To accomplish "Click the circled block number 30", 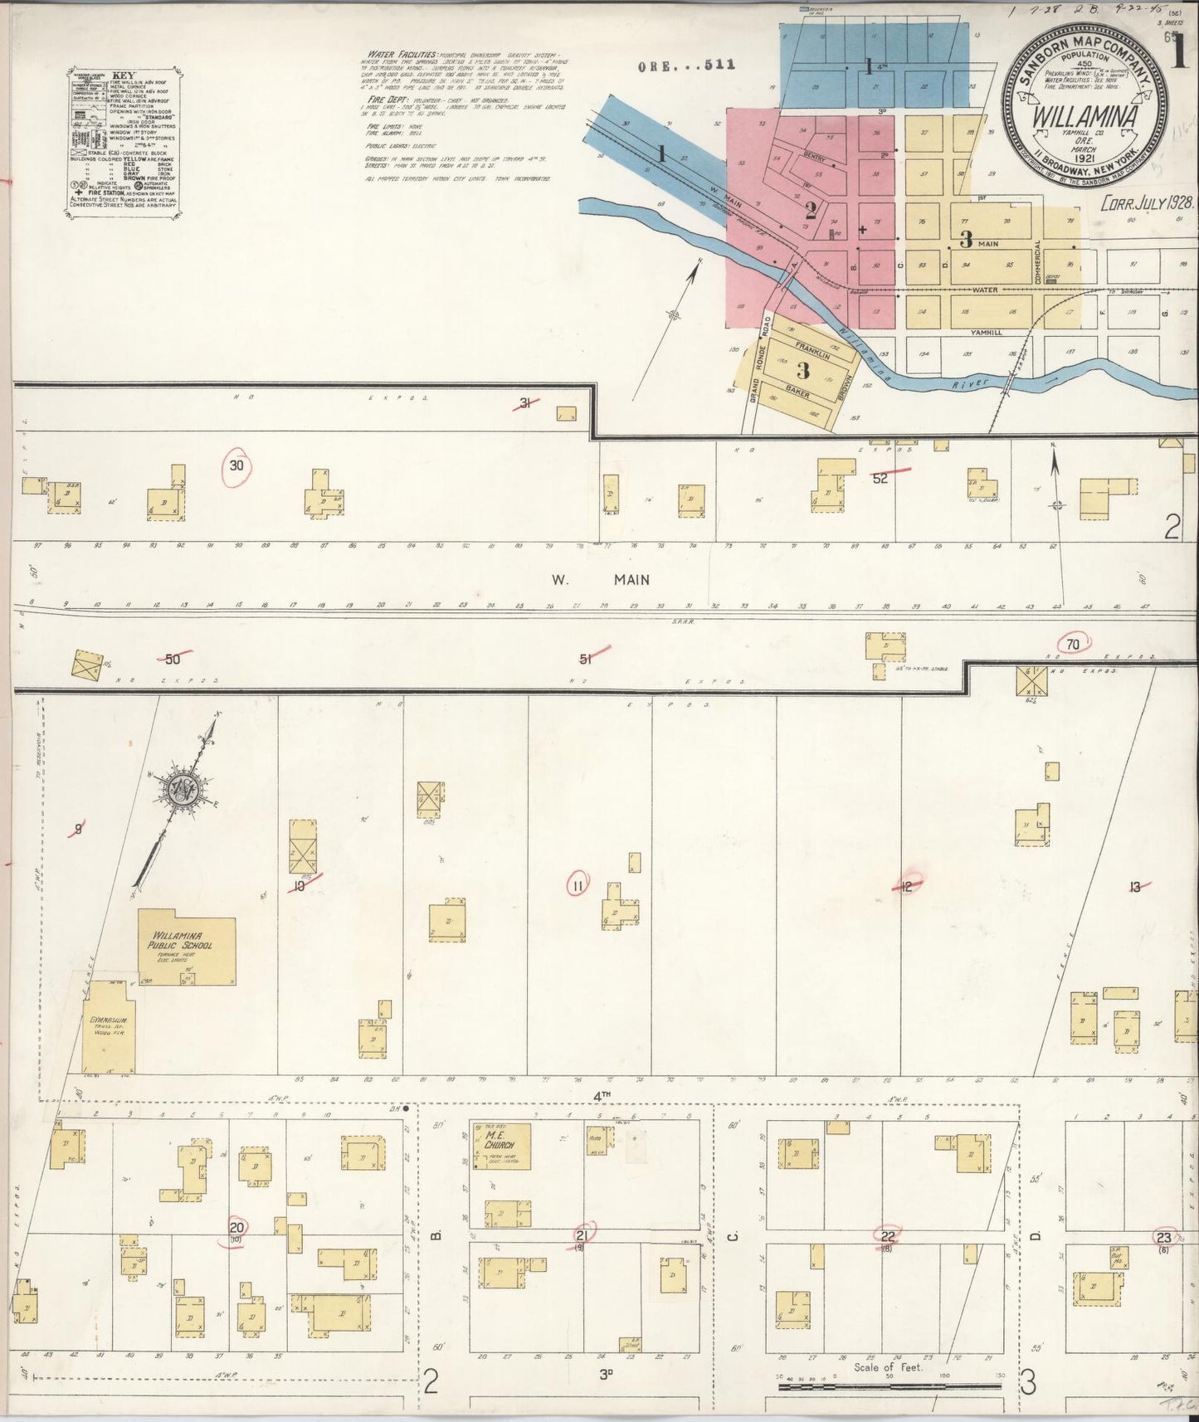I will (237, 466).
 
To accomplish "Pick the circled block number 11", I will (578, 886).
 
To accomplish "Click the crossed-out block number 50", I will (173, 659).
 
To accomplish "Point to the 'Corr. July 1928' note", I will (1146, 203).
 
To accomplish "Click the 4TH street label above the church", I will (602, 1095).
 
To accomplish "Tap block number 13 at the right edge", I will (1134, 888).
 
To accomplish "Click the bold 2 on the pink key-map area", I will (811, 208).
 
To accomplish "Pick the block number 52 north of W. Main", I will (880, 478).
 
